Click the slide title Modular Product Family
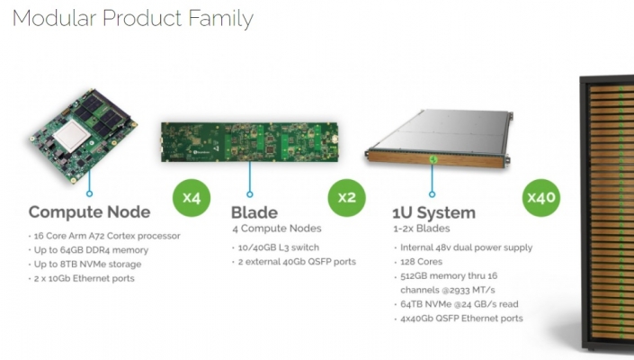pos(133,19)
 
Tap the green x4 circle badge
pos(192,198)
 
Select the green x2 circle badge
pos(346,198)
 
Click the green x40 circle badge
pos(541,198)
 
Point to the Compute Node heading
pos(89,212)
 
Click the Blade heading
pos(254,212)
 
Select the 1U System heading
pos(433,212)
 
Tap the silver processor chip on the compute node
pos(72,135)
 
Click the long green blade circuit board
pos(249,142)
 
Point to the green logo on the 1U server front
pos(433,159)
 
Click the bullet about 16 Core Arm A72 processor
pos(104,236)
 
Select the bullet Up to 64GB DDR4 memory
pos(88,250)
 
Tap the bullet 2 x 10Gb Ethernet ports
pos(82,278)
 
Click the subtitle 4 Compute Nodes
pos(277,229)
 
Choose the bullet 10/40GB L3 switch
pos(276,247)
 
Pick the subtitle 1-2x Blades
pos(422,229)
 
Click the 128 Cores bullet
pos(418,262)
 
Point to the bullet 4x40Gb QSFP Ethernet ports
pos(459,319)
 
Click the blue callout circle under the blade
pos(250,194)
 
